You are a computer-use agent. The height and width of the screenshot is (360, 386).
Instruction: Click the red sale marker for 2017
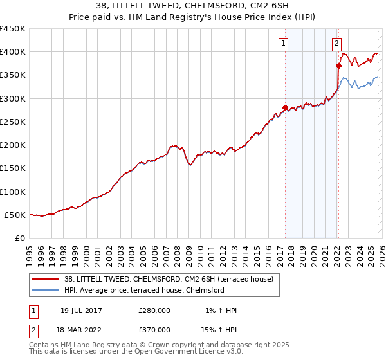click(x=284, y=107)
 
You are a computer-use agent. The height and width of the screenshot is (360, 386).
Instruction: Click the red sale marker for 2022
click(x=338, y=66)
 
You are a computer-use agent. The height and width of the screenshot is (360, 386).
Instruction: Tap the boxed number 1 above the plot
click(x=284, y=44)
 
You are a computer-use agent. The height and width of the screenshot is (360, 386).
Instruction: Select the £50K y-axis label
click(x=15, y=215)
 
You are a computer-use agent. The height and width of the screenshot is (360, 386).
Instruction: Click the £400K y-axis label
click(x=13, y=52)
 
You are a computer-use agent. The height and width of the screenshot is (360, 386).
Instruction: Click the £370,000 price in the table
click(x=154, y=328)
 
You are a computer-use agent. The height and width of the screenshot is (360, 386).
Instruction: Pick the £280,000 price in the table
click(x=154, y=310)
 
